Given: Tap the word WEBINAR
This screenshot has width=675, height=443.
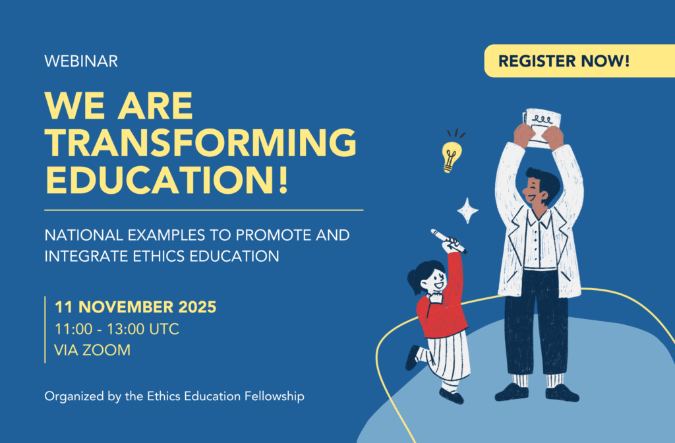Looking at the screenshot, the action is (x=81, y=61).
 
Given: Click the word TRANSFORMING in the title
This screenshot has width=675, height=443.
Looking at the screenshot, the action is (x=201, y=142).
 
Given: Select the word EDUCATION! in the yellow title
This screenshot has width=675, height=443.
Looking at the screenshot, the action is (x=167, y=179).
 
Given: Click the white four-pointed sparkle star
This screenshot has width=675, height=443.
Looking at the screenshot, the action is (x=467, y=210).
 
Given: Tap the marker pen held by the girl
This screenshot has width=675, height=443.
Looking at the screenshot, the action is (x=448, y=241).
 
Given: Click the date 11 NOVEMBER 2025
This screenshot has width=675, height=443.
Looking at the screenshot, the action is (x=135, y=307).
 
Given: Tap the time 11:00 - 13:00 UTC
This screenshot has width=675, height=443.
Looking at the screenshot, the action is (x=116, y=329).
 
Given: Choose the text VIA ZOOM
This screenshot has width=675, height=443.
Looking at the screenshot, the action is (x=92, y=350).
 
